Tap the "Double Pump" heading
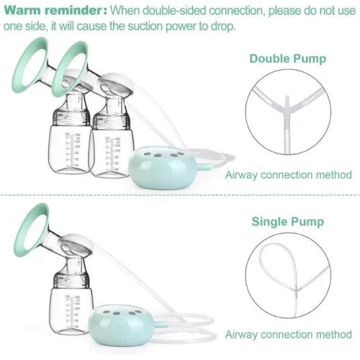tap(288, 59)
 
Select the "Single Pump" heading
tap(288, 222)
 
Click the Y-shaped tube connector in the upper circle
tap(288, 107)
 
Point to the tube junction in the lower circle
tap(297, 289)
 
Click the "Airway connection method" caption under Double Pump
tap(288, 175)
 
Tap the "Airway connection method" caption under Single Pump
tap(288, 334)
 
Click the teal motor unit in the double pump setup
tap(162, 168)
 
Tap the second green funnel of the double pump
tap(70, 69)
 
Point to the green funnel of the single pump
tap(30, 230)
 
